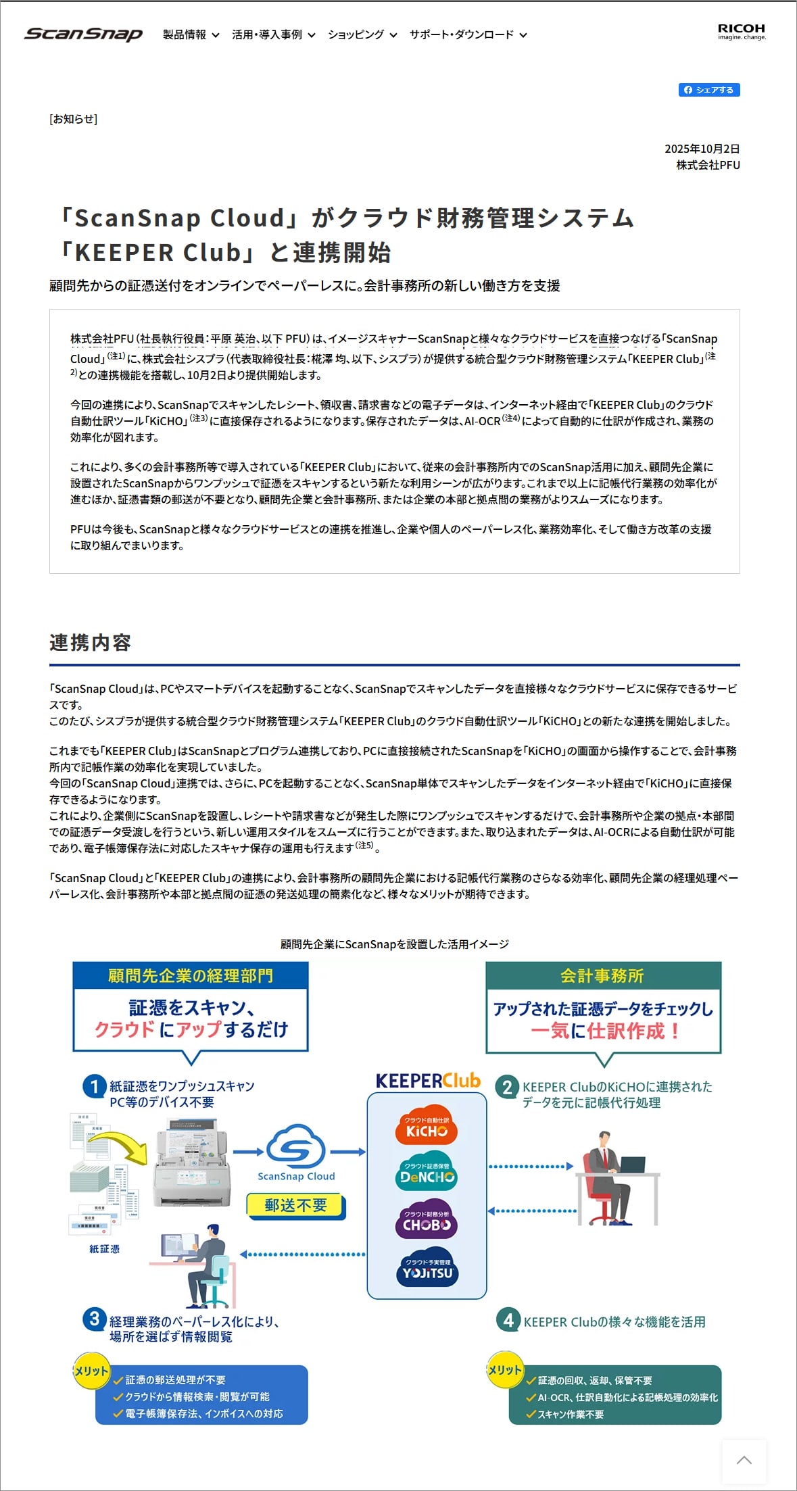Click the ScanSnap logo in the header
(x=83, y=34)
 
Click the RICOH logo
(x=742, y=32)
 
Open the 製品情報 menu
(x=191, y=34)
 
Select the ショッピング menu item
(x=362, y=34)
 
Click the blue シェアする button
(x=709, y=90)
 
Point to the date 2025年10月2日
(x=702, y=149)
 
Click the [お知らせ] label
(x=73, y=119)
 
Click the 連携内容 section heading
(x=90, y=642)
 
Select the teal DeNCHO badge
(x=427, y=1174)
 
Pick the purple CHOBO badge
(x=427, y=1221)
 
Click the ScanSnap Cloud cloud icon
(x=295, y=1147)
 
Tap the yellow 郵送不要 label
(x=295, y=1205)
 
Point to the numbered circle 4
(x=508, y=1320)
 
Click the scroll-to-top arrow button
(x=744, y=1461)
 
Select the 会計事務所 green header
(x=603, y=976)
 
